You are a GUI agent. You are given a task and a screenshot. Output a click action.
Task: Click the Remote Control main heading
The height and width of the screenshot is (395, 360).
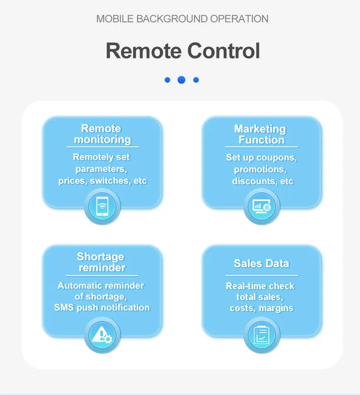[x=183, y=51]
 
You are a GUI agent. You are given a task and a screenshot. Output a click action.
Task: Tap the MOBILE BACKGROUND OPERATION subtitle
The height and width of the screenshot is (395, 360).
[x=182, y=19]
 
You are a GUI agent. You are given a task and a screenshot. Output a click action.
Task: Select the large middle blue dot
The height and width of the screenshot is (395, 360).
[x=181, y=80]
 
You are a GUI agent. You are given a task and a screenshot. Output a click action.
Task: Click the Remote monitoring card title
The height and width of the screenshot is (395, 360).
[x=102, y=134]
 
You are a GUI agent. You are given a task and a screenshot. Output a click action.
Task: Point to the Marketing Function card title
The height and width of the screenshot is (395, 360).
[x=261, y=134]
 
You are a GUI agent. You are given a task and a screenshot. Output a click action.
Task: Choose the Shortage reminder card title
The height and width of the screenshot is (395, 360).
[x=102, y=262]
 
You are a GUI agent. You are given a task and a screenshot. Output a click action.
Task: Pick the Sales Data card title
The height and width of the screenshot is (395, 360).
[x=261, y=263]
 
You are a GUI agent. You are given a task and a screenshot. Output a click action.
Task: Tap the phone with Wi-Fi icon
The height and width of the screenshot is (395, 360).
[x=103, y=207]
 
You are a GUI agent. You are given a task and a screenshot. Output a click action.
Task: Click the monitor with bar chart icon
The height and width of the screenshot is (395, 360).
[x=262, y=207]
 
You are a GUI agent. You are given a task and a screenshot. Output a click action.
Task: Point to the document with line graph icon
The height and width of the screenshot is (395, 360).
[x=262, y=335]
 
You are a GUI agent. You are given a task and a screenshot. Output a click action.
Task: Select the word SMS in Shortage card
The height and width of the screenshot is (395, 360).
[x=64, y=307]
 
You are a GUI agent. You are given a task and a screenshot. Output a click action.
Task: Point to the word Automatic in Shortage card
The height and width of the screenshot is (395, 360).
[x=79, y=286]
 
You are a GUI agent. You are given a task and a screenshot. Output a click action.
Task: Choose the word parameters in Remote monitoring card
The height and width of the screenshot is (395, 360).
[x=101, y=169]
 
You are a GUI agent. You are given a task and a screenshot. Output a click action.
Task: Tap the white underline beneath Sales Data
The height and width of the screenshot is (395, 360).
[x=261, y=275]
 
